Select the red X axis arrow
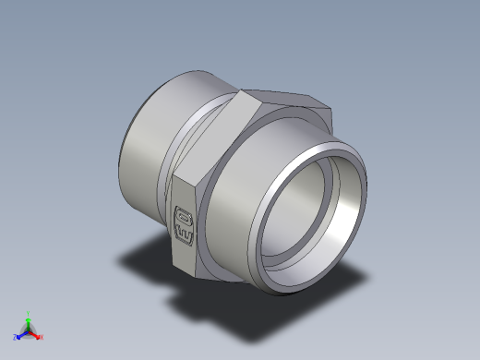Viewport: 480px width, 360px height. pyautogui.click(x=36, y=334)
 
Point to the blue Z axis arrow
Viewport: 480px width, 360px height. pyautogui.click(x=20, y=334)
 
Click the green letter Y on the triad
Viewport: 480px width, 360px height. pyautogui.click(x=29, y=313)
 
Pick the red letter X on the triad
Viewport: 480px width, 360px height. pyautogui.click(x=42, y=337)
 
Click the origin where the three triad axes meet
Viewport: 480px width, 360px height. pyautogui.click(x=29, y=330)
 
